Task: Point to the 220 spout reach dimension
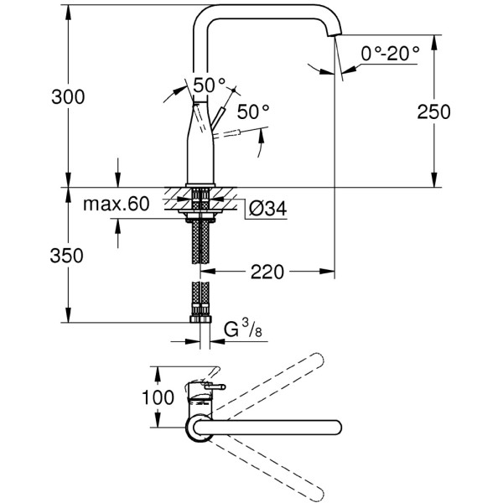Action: [x=269, y=272]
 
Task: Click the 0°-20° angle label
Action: [x=390, y=54]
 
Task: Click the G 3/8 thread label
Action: [x=242, y=330]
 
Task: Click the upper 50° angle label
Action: [x=210, y=85]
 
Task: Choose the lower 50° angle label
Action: [x=252, y=111]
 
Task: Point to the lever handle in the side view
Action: [x=221, y=117]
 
